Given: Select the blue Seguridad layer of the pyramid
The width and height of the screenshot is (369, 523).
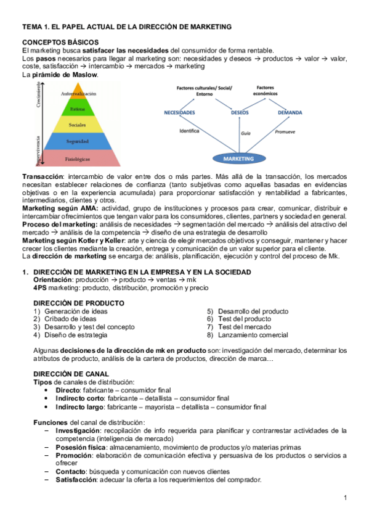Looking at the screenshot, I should pyautogui.click(x=78, y=142).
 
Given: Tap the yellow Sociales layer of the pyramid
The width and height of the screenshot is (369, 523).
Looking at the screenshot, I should pyautogui.click(x=78, y=125).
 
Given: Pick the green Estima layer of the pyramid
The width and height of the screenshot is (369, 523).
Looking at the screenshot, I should pyautogui.click(x=78, y=109).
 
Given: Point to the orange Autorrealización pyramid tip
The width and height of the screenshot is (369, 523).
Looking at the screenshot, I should pyautogui.click(x=78, y=94).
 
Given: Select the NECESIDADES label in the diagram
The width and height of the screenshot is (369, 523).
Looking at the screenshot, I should pyautogui.click(x=179, y=113).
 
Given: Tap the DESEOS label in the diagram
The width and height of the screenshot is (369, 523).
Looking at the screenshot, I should pyautogui.click(x=240, y=113).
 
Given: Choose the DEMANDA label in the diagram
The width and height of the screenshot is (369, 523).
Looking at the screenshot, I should pyautogui.click(x=290, y=113).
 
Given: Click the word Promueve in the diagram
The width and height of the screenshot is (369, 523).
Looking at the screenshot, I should pyautogui.click(x=286, y=131).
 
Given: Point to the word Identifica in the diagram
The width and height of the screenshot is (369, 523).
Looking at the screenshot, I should pyautogui.click(x=190, y=131).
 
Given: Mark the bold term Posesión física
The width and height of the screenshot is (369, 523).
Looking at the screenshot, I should pyautogui.click(x=82, y=447).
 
